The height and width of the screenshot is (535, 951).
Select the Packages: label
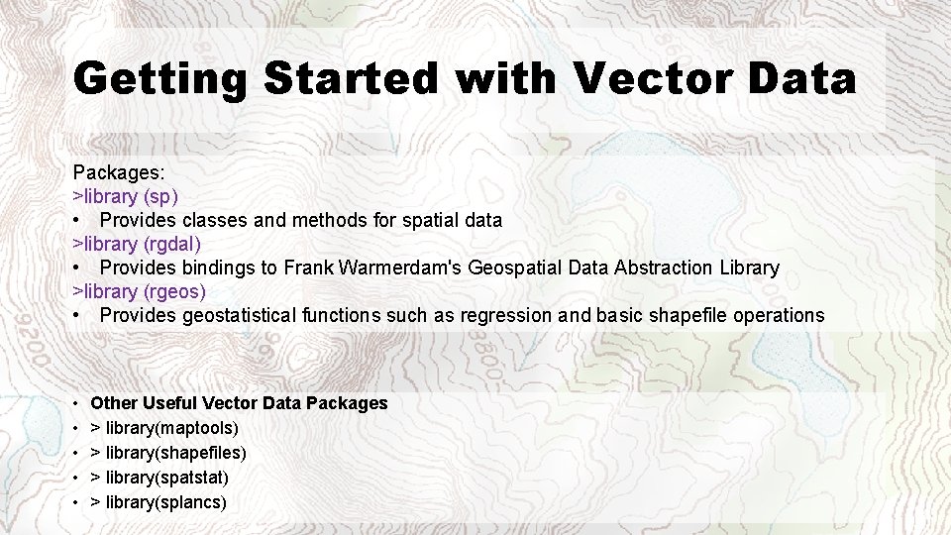coord(119,171)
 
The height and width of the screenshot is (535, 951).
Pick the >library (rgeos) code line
coord(140,292)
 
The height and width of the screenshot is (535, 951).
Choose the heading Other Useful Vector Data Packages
coord(239,403)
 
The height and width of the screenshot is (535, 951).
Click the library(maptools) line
coord(164,428)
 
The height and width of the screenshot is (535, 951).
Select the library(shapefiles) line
coord(168,453)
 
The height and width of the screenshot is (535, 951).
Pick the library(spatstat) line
coord(159,478)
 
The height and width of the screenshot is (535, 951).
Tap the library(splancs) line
coord(158,502)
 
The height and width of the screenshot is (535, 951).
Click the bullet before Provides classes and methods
coord(77,220)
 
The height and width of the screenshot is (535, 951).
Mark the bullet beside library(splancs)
coord(77,502)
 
